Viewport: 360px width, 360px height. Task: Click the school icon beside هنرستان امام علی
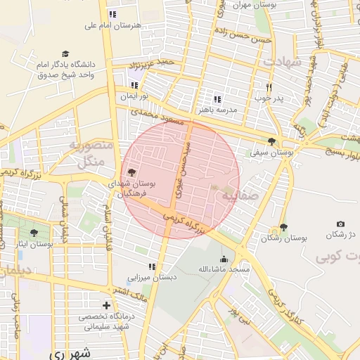click(x=112, y=14)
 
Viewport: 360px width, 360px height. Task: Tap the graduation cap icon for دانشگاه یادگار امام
click(x=66, y=54)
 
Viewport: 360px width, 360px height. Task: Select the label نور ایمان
click(x=138, y=96)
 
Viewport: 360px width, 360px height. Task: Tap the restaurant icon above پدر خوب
click(x=269, y=87)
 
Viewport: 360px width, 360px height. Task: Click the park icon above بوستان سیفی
click(x=272, y=141)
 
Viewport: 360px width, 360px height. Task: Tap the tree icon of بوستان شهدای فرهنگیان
click(x=131, y=172)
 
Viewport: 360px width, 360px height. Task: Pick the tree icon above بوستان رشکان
click(x=283, y=227)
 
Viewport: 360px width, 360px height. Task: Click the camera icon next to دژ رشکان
click(x=341, y=224)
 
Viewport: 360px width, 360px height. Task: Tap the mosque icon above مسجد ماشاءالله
click(x=224, y=259)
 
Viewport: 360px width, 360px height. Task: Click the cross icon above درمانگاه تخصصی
click(x=106, y=305)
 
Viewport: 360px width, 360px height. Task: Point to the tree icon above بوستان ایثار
click(x=34, y=233)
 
